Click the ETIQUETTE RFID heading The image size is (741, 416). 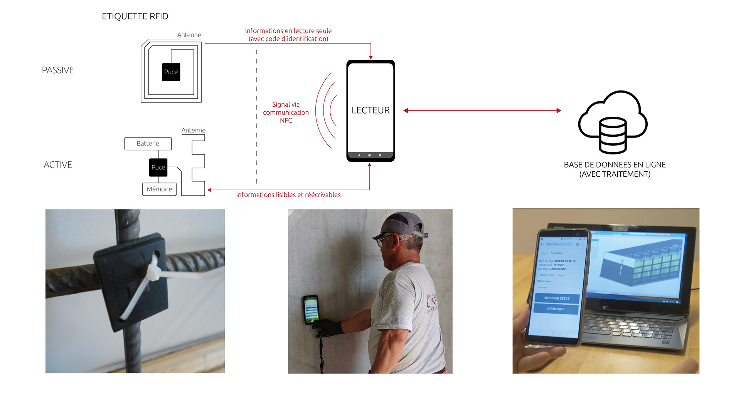tap(135, 16)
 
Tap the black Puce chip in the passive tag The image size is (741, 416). tap(171, 72)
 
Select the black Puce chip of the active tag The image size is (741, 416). tap(158, 168)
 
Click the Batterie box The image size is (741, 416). tap(148, 144)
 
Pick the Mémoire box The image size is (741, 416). tap(159, 189)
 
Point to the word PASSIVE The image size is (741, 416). tap(58, 70)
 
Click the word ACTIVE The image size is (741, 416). tap(58, 165)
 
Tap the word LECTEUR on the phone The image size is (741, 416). tap(370, 111)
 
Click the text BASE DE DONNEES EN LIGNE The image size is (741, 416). tap(615, 165)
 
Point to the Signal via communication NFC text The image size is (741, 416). tap(286, 112)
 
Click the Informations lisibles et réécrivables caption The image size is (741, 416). tap(288, 195)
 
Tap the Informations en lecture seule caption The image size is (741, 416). tap(288, 31)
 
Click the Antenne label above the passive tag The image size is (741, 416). tap(189, 35)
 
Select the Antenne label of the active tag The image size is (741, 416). tap(193, 131)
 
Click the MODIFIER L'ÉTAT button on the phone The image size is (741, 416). tap(557, 298)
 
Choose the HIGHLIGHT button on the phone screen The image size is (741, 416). tap(556, 309)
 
